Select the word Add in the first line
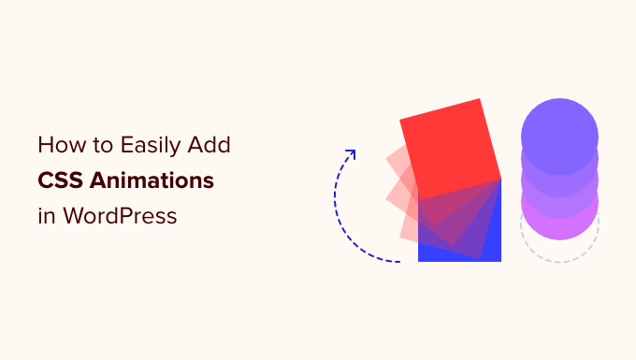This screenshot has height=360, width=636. (x=212, y=146)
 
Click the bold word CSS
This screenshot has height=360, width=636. (x=61, y=180)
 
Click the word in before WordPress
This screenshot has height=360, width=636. (x=46, y=215)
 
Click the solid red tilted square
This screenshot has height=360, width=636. (x=449, y=145)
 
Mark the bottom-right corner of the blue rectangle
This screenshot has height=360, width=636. (x=500, y=261)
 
